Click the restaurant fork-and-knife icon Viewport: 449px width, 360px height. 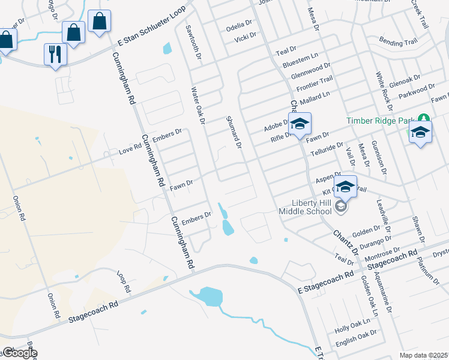coord(55,54)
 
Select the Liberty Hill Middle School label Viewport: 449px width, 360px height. coord(304,206)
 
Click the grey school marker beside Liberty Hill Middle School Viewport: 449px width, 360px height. coord(341,207)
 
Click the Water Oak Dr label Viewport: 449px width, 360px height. coord(198,106)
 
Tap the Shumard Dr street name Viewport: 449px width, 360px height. coord(234,132)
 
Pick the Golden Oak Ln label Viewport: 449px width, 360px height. coord(368,296)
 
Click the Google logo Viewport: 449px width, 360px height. coord(20,353)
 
